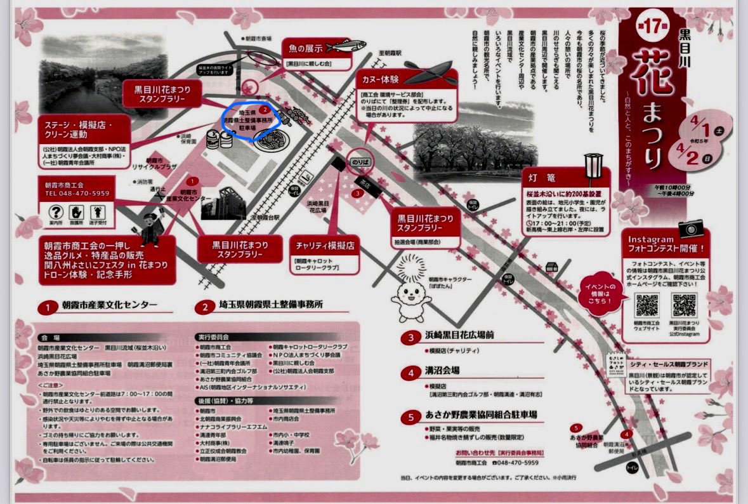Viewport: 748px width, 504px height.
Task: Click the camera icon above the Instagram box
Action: pyautogui.click(x=691, y=228)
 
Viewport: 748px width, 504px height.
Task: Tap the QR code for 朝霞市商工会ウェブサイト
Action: pyautogui.click(x=647, y=306)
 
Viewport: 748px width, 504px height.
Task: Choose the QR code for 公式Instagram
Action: pyautogui.click(x=684, y=306)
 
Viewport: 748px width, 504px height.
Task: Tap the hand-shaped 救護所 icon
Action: pyautogui.click(x=75, y=212)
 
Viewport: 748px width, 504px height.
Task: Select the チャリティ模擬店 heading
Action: pyautogui.click(x=324, y=246)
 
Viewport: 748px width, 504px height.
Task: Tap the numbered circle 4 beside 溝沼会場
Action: pyautogui.click(x=411, y=370)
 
